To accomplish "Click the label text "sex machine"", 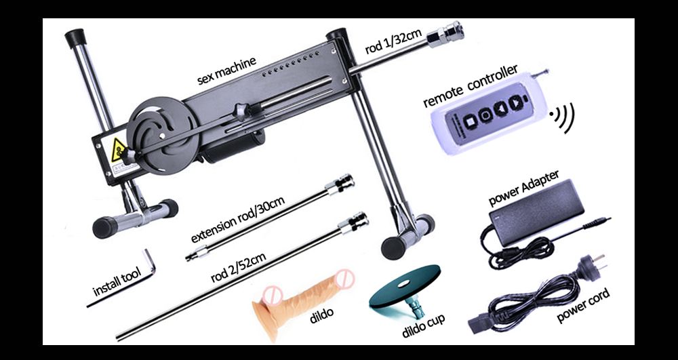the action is coord(226,70).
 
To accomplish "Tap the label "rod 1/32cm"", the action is coord(393,41).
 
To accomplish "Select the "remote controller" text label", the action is coord(470,86).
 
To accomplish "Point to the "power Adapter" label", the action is coord(523,188).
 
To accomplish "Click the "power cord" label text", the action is coord(583,305).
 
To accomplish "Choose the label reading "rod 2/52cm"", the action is coord(239,268).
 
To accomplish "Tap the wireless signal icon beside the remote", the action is coord(563,117).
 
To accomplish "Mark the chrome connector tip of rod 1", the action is coord(445,34).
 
